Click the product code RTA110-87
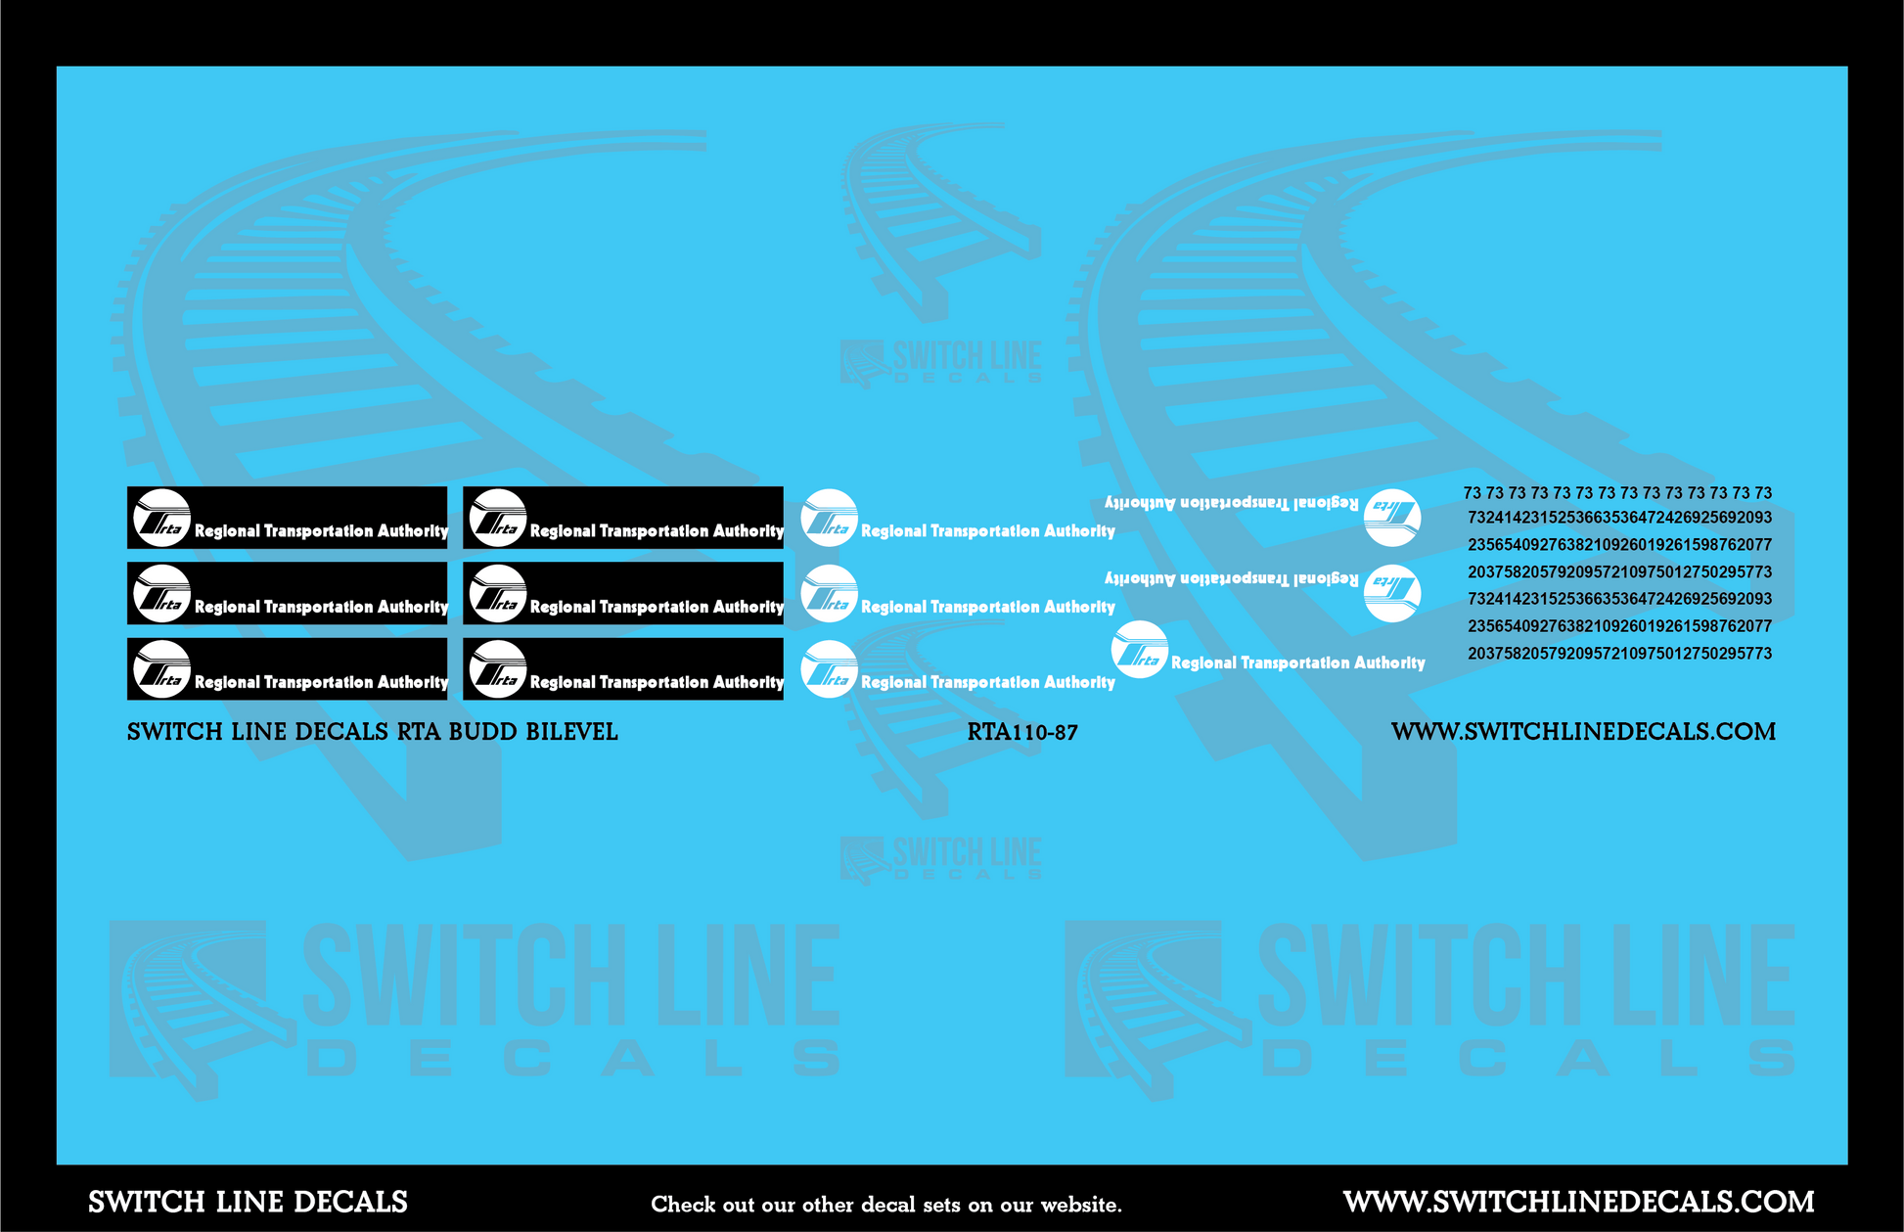[x=1021, y=732]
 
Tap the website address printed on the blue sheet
[x=1582, y=732]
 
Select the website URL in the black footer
[x=1578, y=1202]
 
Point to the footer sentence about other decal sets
[x=885, y=1205]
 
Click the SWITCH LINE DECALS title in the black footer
[x=248, y=1203]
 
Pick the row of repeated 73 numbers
[x=1617, y=493]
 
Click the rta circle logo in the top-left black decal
[x=161, y=518]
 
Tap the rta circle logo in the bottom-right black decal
[x=498, y=669]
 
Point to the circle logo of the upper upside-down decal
[x=1391, y=517]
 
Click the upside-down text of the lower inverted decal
[x=1231, y=578]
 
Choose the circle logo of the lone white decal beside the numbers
[x=1140, y=650]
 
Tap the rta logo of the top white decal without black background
[x=829, y=518]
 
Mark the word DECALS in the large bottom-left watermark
[x=573, y=1059]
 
